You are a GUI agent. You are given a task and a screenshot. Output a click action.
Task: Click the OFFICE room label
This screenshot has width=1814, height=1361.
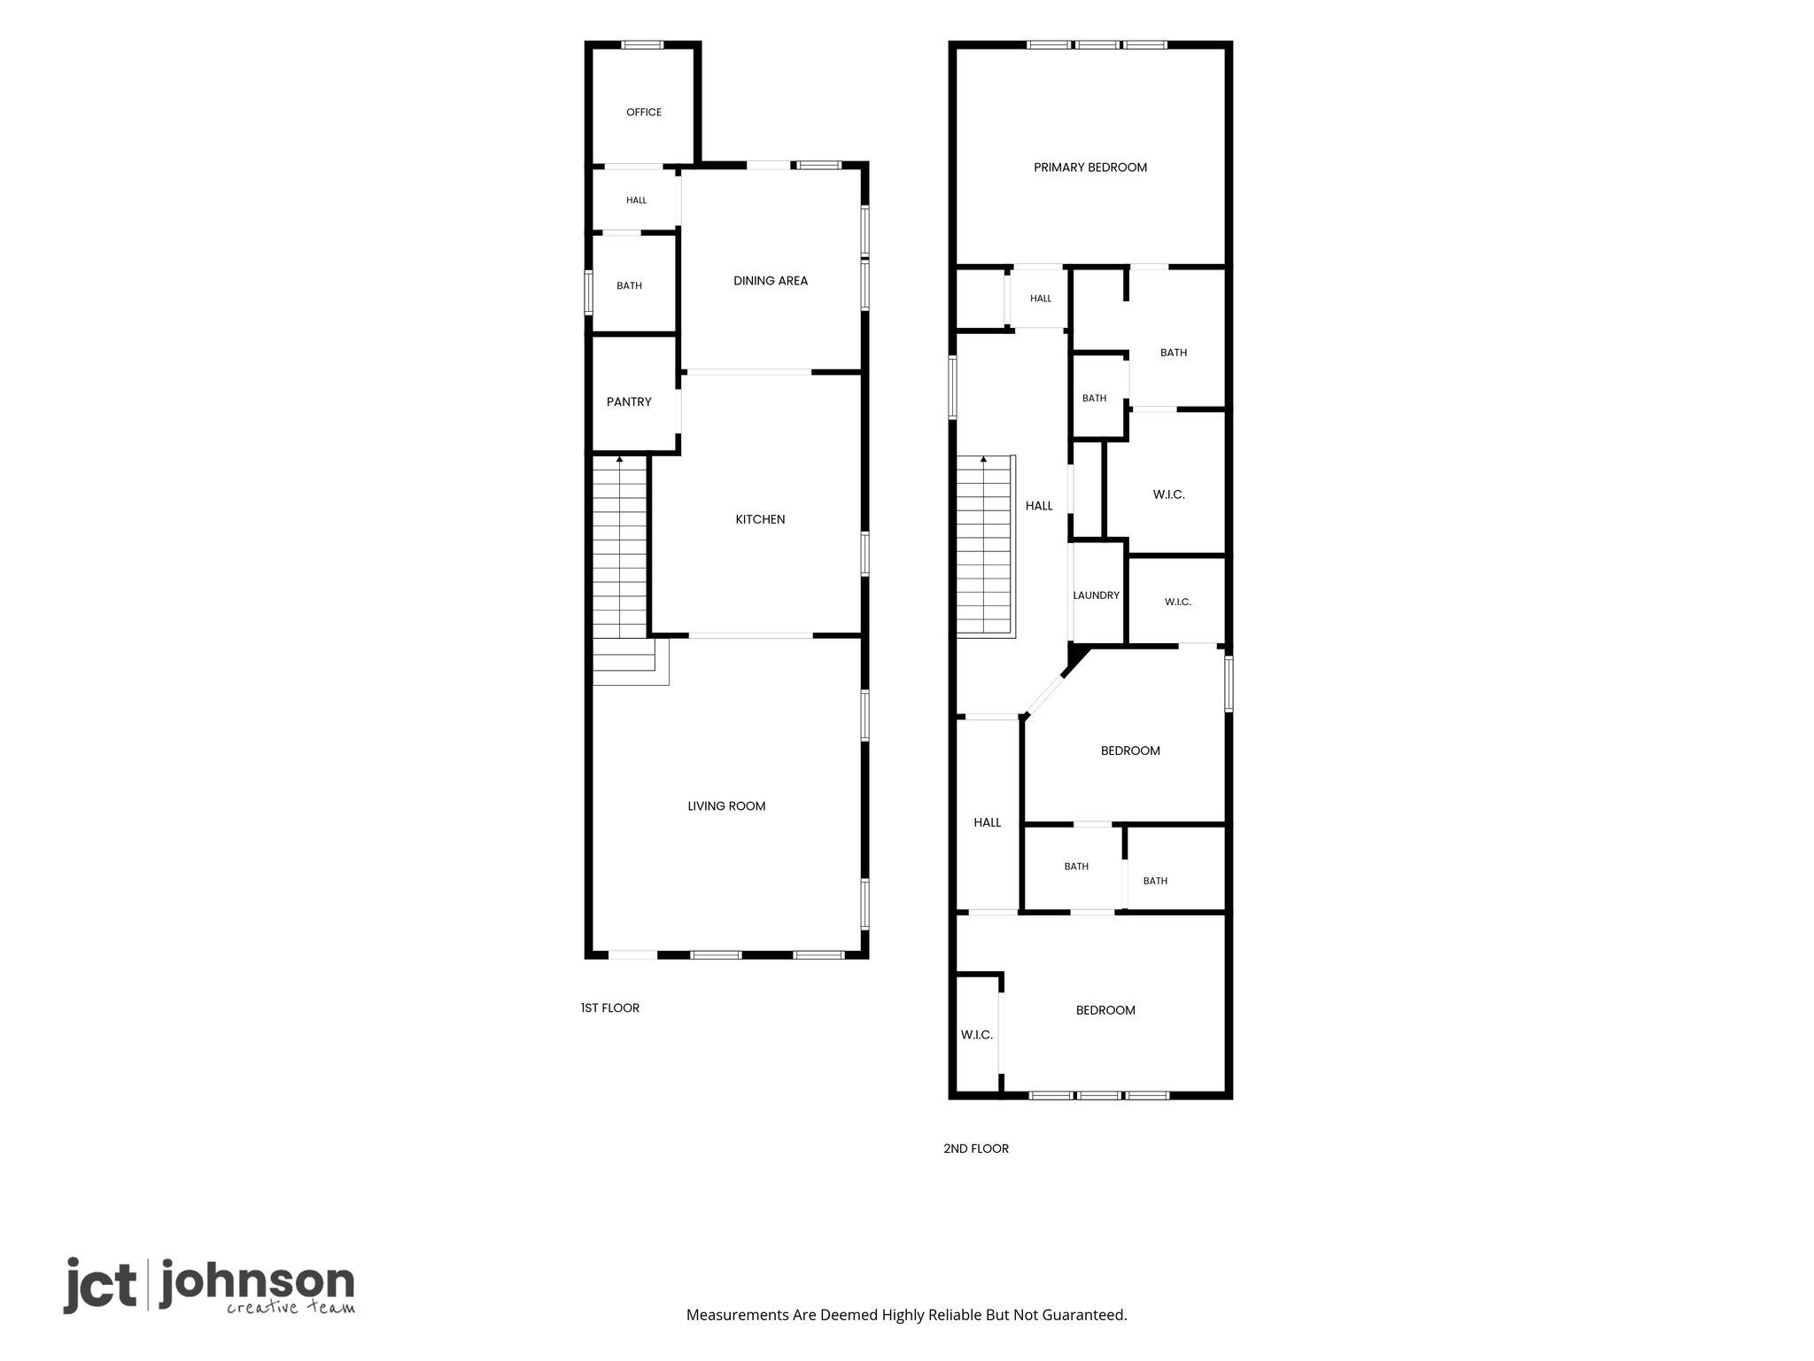(644, 113)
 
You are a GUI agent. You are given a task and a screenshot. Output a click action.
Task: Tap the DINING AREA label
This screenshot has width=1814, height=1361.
(771, 281)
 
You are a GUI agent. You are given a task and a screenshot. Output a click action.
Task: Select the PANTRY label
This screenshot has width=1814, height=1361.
(629, 402)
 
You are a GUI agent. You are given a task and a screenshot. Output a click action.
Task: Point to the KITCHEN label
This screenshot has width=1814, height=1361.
(760, 519)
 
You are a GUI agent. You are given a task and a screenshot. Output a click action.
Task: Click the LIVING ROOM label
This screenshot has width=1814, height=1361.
(726, 806)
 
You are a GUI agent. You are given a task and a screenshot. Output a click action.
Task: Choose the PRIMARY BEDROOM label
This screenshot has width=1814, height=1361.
(1090, 167)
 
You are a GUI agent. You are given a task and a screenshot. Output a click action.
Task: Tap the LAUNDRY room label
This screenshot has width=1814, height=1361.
(1097, 595)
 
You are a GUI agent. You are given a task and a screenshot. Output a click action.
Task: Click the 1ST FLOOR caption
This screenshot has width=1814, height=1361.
(610, 1007)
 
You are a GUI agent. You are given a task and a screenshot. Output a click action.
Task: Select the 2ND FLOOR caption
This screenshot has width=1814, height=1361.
(976, 1148)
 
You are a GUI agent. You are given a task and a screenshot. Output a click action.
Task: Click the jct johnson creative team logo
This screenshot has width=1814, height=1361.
(209, 1286)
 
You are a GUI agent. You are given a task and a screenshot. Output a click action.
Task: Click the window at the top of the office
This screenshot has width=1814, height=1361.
(642, 44)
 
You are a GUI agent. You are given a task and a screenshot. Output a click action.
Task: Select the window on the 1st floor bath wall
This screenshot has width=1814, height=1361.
(588, 293)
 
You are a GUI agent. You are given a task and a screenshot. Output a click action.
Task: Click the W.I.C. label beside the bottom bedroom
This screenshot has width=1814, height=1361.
(977, 1035)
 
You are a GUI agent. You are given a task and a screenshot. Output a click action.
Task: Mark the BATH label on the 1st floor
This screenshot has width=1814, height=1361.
(629, 286)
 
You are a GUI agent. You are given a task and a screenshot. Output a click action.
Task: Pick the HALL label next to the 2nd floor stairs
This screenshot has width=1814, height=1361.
(1039, 506)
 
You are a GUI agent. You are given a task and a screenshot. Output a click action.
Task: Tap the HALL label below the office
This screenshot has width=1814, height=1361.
(636, 200)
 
